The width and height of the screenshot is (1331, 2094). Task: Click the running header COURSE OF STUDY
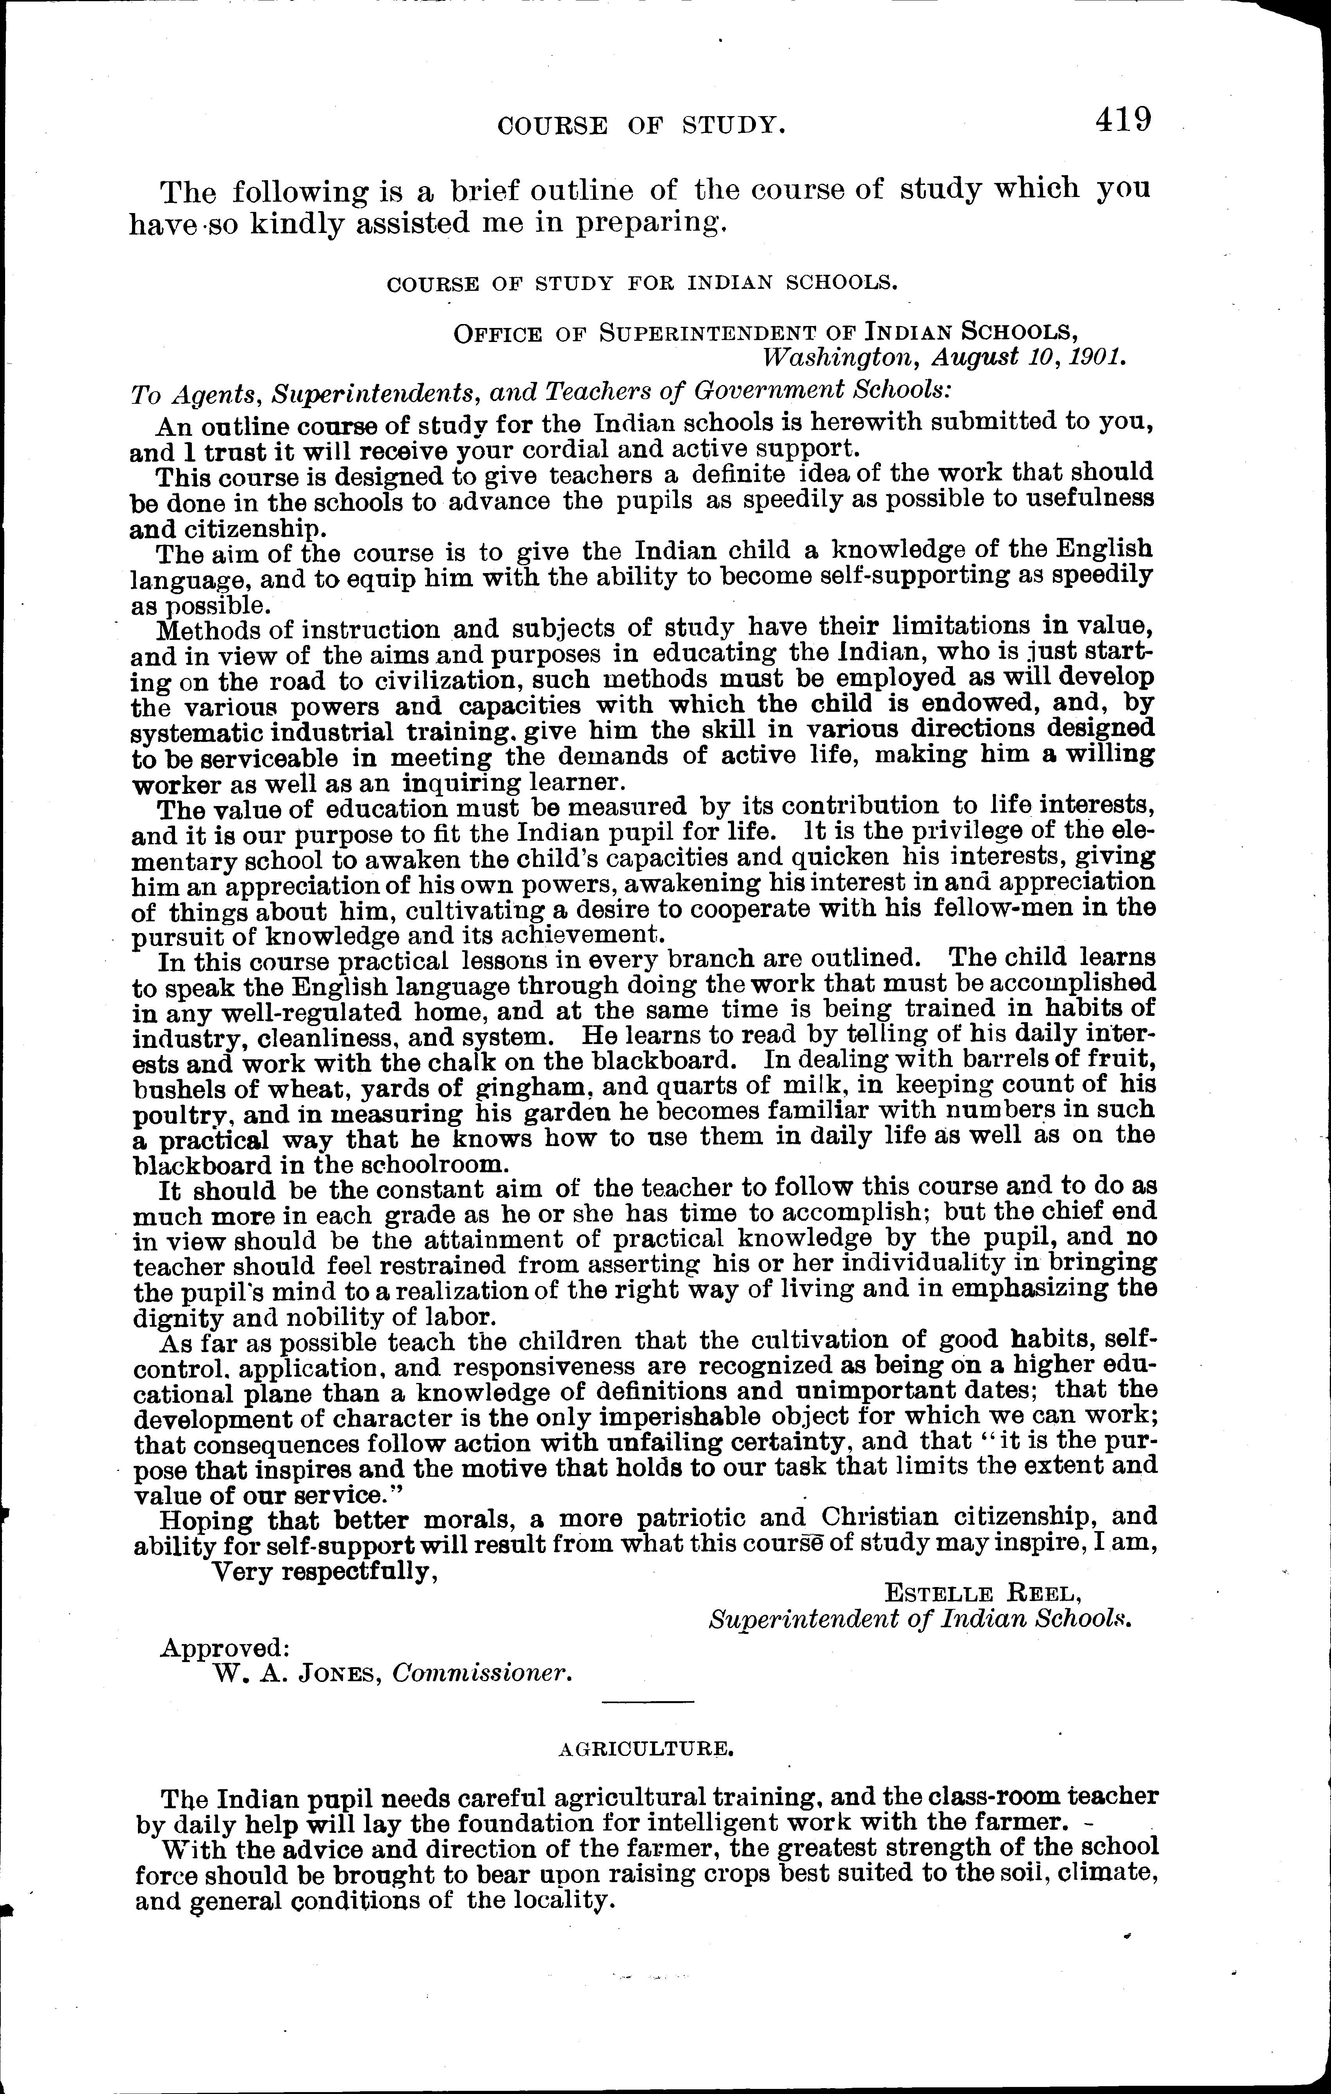point(641,127)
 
